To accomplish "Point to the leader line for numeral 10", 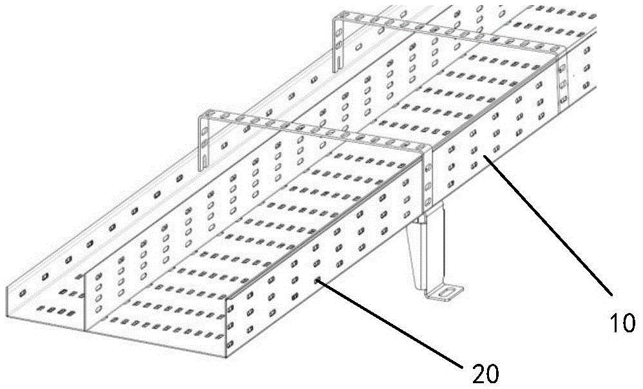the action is [548, 225].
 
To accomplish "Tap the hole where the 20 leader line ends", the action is [317, 281].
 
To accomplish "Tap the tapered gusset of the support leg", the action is [417, 254].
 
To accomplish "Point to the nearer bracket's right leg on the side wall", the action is [428, 178].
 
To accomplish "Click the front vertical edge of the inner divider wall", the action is [84, 303].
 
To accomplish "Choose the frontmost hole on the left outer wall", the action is [23, 293].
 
